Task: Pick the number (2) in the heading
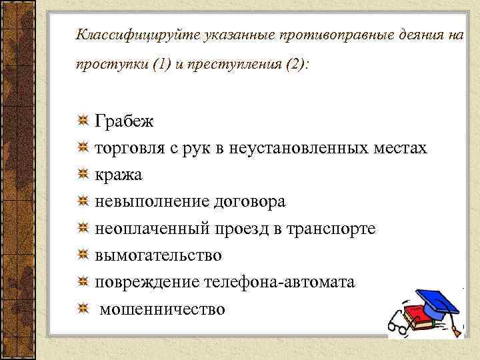(291, 67)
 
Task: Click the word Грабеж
(125, 122)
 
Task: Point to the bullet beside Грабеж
(83, 121)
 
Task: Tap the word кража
(118, 175)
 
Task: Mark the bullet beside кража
(83, 175)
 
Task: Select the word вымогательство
(159, 255)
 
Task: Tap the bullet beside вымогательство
(83, 255)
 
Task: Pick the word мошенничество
(163, 309)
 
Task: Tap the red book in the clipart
(416, 313)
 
